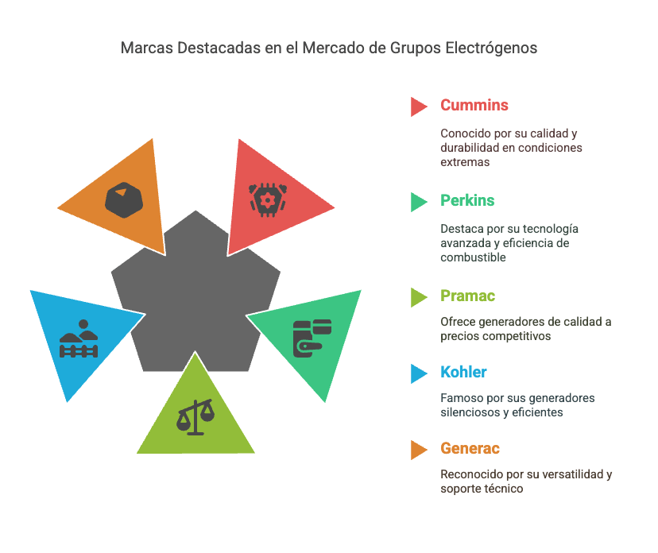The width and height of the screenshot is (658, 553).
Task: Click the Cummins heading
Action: click(x=474, y=106)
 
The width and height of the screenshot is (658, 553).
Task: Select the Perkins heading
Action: click(x=467, y=200)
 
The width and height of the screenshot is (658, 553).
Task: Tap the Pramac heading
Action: click(x=468, y=296)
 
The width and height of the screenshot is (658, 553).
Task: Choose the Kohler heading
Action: click(x=463, y=372)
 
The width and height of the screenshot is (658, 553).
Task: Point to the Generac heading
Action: click(x=470, y=449)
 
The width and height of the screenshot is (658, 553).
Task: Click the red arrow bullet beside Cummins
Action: click(x=419, y=106)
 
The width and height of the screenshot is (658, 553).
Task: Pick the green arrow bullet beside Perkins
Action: click(x=419, y=202)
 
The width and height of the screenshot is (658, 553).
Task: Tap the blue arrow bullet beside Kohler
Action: click(x=419, y=373)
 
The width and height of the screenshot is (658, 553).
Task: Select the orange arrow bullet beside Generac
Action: click(x=419, y=450)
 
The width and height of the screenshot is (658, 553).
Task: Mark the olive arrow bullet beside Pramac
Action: click(x=419, y=297)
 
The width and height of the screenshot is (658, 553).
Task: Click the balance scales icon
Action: click(x=195, y=417)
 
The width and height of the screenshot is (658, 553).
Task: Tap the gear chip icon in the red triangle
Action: click(x=268, y=200)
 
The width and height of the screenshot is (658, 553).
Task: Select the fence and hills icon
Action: click(x=79, y=339)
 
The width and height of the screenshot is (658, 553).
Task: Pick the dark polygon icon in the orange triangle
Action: click(x=124, y=200)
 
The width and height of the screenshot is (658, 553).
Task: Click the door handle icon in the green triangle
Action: click(x=312, y=338)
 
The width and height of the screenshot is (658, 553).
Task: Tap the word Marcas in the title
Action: click(x=146, y=48)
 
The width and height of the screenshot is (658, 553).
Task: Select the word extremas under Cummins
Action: click(x=465, y=162)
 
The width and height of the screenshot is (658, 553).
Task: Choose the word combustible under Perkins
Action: click(x=473, y=257)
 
